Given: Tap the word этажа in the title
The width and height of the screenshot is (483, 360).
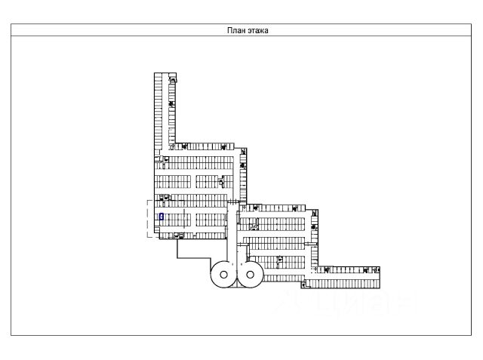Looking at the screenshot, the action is coord(259,31).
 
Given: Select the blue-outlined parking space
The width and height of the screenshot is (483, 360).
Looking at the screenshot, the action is coord(161,216).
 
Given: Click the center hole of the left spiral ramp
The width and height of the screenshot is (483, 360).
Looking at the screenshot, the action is coord(223,275).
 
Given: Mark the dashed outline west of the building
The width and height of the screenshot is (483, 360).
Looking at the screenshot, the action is coord(149,219).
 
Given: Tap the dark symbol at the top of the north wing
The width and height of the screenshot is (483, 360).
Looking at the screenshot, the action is coord(173,79).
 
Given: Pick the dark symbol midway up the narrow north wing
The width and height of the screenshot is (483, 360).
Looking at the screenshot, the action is coord(171,103).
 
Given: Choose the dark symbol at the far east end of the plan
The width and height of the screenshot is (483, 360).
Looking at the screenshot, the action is coord(377,269).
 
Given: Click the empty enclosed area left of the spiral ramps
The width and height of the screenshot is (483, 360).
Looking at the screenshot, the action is coord(192,249).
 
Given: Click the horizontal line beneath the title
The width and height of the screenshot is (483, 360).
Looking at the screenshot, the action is coord(241,36).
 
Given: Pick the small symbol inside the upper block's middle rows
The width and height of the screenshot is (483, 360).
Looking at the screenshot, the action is coord(221,181).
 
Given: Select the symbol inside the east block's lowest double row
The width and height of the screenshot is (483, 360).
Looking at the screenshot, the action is coord(280,260).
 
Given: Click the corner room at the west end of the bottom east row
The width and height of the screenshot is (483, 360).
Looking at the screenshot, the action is coord(305,284).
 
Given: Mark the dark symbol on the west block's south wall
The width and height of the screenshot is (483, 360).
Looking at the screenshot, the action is coord(179,235).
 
